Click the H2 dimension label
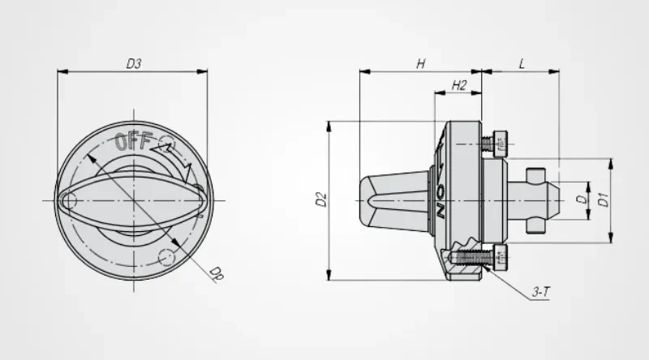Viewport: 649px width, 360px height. (x=458, y=85)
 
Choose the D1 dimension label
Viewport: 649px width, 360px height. (x=603, y=199)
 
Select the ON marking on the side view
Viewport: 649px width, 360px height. (x=441, y=199)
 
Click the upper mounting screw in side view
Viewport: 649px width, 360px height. (x=496, y=144)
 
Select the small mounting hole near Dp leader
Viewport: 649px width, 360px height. (x=166, y=257)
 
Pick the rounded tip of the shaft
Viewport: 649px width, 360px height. (x=555, y=199)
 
